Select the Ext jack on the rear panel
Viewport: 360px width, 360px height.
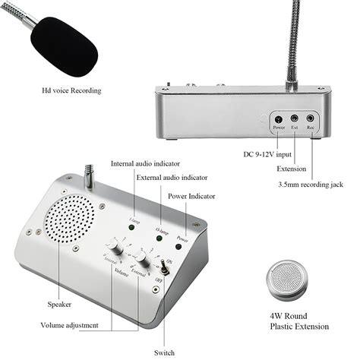[x=294, y=118]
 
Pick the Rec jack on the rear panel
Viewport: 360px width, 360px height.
[x=310, y=118]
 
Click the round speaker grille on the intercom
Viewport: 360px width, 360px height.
[x=71, y=216]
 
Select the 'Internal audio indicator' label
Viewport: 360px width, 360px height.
[x=150, y=162]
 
